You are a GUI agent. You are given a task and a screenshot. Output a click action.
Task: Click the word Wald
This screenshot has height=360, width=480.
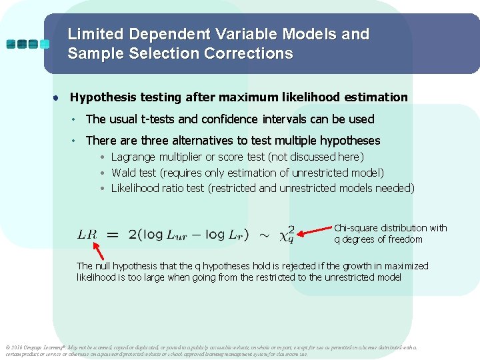click(x=124, y=173)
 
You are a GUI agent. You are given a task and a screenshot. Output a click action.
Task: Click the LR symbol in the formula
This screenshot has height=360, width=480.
click(x=87, y=235)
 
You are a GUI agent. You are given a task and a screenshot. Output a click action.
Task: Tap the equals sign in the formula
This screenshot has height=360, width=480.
click(x=113, y=235)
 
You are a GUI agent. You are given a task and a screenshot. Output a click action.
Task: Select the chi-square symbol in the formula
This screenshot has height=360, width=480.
click(x=285, y=234)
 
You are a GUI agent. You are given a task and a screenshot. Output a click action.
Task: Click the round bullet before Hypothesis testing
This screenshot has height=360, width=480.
click(x=57, y=97)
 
